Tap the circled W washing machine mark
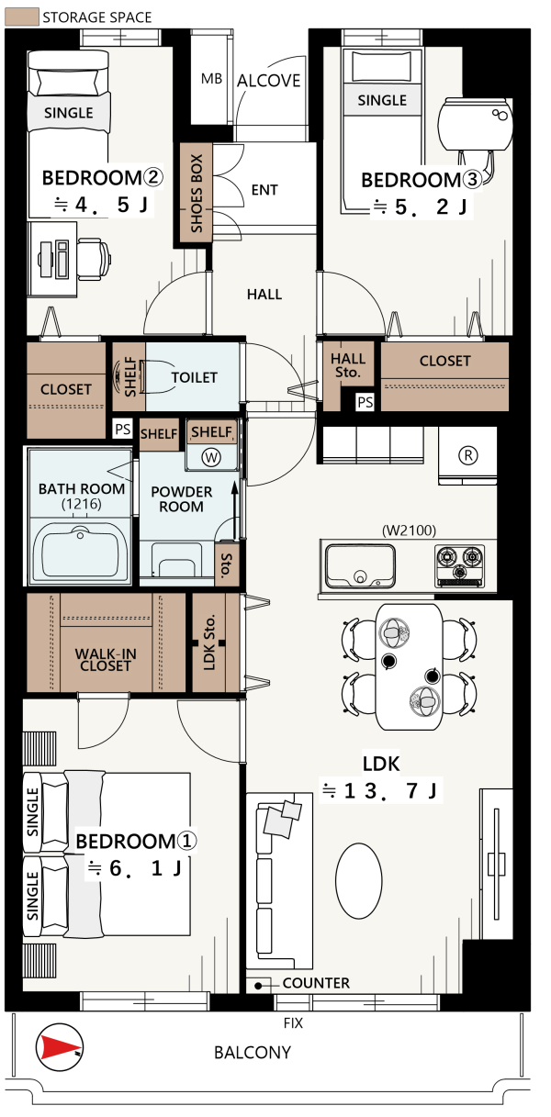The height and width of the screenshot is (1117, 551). coord(211,458)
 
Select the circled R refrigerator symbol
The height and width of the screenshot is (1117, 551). coord(467,455)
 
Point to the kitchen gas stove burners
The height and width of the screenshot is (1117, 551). coord(459,565)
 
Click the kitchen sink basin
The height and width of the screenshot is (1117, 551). coord(360,566)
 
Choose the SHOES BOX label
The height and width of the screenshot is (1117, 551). coord(197,193)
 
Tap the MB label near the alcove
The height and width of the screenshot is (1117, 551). coord(211,79)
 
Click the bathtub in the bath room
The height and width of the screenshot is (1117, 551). coord(80,553)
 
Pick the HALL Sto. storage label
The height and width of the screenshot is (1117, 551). coord(348,365)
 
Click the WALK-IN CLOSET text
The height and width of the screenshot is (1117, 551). coord(106,660)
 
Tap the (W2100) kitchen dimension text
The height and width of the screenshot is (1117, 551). coord(409,531)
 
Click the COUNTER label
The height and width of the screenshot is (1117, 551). coord(316,983)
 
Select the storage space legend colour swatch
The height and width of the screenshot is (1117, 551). coord(21,17)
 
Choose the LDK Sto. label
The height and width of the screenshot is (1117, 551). coord(209,642)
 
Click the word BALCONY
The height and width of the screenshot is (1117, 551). coord(253,1052)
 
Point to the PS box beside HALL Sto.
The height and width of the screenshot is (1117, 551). coord(365,402)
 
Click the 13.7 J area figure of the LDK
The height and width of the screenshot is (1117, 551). coord(380,790)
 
